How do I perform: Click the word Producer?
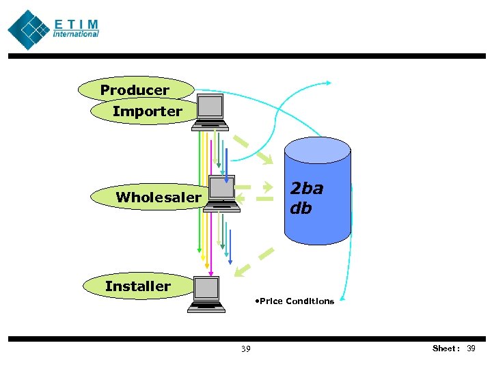click(135, 90)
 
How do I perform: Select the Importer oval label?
click(147, 111)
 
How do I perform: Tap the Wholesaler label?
click(159, 197)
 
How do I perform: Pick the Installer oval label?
click(137, 286)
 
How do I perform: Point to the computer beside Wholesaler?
click(222, 194)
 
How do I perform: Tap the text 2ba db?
click(306, 197)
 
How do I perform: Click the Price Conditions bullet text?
click(293, 301)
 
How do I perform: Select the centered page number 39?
click(245, 349)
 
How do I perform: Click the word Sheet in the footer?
click(446, 348)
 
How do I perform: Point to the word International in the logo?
click(76, 34)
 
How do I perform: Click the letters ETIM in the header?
click(76, 24)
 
